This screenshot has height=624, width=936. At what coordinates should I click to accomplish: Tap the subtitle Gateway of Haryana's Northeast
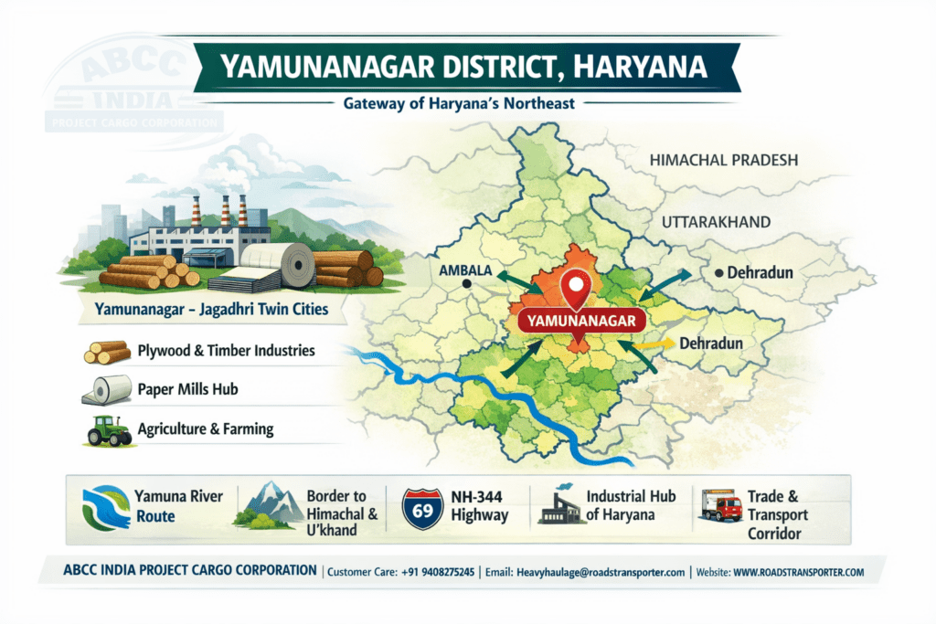tap(459, 103)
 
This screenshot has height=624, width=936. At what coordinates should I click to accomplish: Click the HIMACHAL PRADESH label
tap(724, 160)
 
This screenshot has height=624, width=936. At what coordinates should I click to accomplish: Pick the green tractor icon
tap(109, 428)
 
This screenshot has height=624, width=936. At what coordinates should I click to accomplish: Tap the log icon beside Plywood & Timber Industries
tap(107, 352)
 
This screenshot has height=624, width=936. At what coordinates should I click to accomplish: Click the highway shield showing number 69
tap(422, 508)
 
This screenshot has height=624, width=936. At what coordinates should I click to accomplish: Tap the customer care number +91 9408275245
tap(438, 572)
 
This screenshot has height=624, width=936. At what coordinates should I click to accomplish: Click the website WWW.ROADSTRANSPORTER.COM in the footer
tap(798, 572)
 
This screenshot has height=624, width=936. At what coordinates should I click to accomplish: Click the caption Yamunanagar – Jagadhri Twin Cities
tap(211, 310)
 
